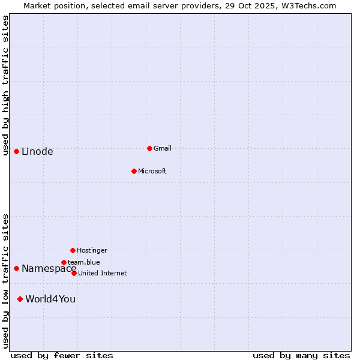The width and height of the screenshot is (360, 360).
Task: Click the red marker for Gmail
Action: [x=149, y=148]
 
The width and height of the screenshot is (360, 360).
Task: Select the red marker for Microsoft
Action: [x=134, y=171]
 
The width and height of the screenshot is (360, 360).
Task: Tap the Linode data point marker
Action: [x=16, y=151]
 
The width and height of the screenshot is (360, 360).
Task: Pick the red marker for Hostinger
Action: [x=73, y=250]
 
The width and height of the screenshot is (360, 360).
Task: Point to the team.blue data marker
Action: [x=64, y=262]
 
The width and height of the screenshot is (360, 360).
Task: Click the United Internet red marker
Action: [x=74, y=273]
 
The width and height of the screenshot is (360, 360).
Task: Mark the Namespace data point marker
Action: [x=16, y=268]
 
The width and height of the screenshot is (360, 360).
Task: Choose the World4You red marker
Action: [x=20, y=299]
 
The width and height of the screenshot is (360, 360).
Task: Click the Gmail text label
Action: [x=163, y=148]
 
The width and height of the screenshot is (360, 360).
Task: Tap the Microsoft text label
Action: [x=152, y=171]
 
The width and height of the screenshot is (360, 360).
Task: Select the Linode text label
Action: [x=37, y=151]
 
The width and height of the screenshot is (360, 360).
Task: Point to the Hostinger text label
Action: [x=92, y=250]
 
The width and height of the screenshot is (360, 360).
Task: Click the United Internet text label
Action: [x=103, y=273]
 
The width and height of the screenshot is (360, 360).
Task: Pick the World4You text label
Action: [x=50, y=299]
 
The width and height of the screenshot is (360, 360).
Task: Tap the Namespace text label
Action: [x=49, y=268]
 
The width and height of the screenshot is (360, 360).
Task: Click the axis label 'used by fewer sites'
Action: [x=62, y=355]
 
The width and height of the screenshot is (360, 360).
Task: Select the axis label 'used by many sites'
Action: [x=301, y=355]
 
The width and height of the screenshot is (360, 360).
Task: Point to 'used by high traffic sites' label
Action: [x=5, y=85]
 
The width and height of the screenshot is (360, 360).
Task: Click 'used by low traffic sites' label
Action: [x=5, y=281]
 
